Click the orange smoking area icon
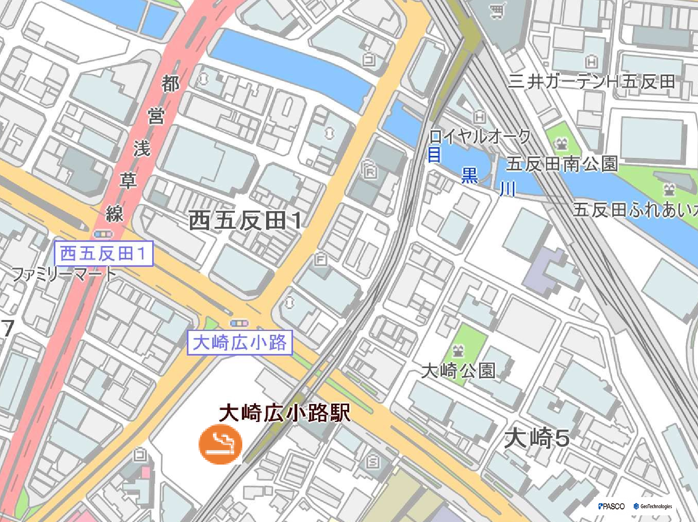[x=220, y=444]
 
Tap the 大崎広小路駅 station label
[x=284, y=413]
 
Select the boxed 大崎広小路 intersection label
[x=240, y=343]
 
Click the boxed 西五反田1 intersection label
[x=103, y=254]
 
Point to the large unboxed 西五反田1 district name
[x=245, y=220]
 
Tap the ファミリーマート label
[x=64, y=274]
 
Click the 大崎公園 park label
[x=458, y=370]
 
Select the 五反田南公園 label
[x=562, y=164]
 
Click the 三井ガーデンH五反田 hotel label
[x=591, y=82]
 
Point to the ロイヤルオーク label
[x=480, y=137]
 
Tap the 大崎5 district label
[x=536, y=438]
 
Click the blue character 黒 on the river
[x=469, y=175]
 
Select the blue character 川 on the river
[x=508, y=189]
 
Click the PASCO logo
[x=611, y=506]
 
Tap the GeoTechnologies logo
[x=653, y=506]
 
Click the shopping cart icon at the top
[x=497, y=11]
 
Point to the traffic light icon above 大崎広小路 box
[x=239, y=323]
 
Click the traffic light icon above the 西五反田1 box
[x=103, y=234]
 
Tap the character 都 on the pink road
[x=171, y=84]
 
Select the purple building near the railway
[x=544, y=270]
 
